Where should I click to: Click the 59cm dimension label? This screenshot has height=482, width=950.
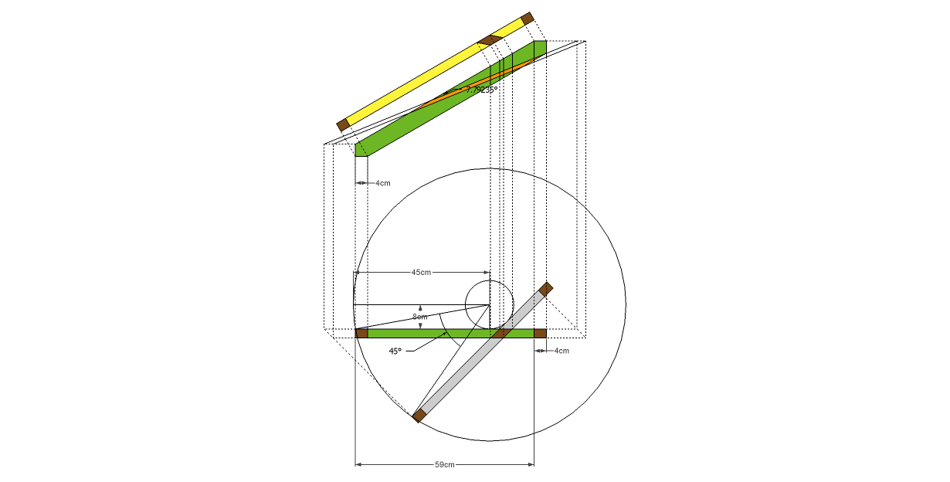pos(444,465)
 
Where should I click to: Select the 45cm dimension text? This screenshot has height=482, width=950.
pos(421,273)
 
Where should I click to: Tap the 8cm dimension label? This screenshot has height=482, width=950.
pos(419,317)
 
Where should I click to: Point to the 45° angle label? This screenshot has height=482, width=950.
pos(395,351)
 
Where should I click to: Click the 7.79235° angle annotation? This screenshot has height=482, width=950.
pos(481,90)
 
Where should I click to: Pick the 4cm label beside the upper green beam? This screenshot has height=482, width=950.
pos(383,183)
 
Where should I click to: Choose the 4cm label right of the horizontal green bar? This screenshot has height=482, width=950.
pos(562,351)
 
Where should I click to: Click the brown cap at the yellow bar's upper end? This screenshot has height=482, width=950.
pos(528,18)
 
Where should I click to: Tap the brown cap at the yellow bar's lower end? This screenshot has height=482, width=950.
pos(344,124)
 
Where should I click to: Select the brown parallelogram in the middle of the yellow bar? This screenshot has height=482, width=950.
pos(490,39)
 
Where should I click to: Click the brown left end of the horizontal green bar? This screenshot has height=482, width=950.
pos(361,334)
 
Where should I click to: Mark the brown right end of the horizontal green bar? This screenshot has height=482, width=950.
pos(541,334)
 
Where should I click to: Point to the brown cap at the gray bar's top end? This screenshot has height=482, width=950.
pos(546,289)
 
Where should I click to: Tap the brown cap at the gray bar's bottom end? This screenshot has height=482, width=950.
pos(419,416)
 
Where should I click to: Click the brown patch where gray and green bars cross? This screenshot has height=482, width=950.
pos(500,334)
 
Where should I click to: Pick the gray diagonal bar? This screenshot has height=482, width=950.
pos(479,355)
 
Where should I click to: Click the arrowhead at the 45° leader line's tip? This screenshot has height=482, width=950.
pos(447,335)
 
